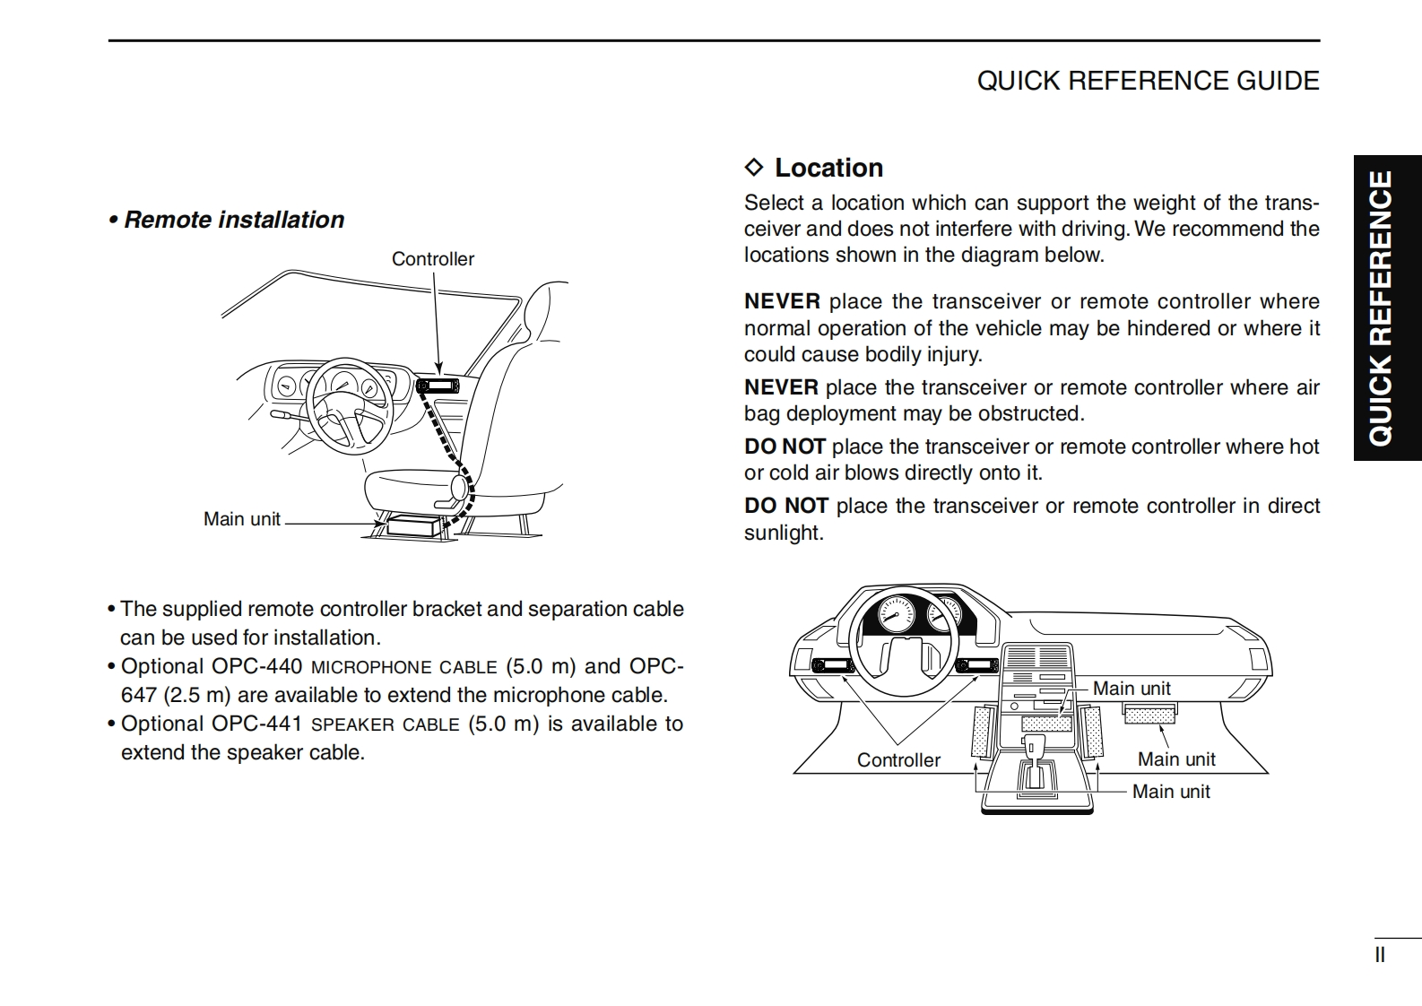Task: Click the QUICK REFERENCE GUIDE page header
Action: (x=1148, y=81)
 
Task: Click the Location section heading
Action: (x=828, y=168)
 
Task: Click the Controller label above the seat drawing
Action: (x=432, y=259)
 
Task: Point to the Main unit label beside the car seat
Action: (x=241, y=519)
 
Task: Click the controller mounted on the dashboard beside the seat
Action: (x=438, y=386)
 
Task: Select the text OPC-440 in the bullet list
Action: (x=257, y=666)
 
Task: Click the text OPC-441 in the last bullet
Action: (x=256, y=724)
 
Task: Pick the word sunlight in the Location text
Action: (x=783, y=533)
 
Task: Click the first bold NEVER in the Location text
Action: (x=782, y=301)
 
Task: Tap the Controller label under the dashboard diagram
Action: (x=898, y=760)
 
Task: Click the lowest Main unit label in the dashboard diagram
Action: (x=1170, y=792)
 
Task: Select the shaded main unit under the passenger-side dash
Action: (x=1149, y=715)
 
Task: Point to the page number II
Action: (x=1380, y=955)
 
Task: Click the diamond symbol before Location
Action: (x=754, y=168)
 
